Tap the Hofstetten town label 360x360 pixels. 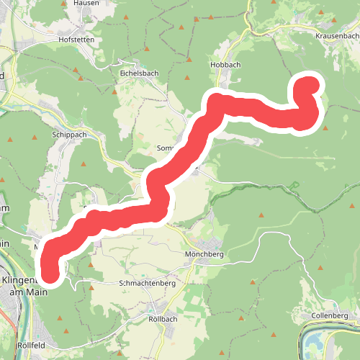tap(78, 40)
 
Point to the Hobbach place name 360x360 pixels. tap(225, 64)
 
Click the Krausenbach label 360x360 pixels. tap(337, 35)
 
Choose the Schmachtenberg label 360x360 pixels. tap(148, 284)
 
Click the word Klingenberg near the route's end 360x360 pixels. tap(22, 281)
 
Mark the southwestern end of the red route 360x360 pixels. tap(50, 274)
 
